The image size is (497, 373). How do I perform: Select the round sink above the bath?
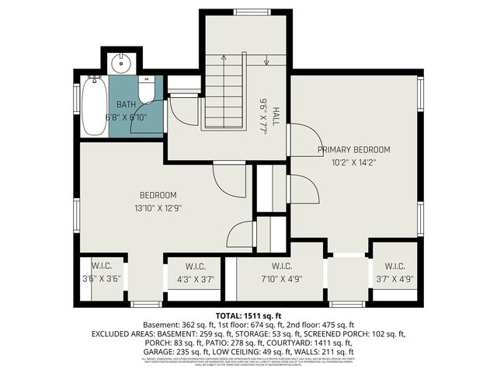tap(120, 62)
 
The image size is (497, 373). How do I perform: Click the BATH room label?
tap(126, 104)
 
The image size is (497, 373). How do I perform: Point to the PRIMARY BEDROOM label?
tap(353, 149)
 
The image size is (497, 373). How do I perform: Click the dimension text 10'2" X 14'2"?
tap(353, 162)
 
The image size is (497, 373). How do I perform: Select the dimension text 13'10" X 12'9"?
tap(158, 207)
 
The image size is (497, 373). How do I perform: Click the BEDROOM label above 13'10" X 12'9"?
tap(158, 195)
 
